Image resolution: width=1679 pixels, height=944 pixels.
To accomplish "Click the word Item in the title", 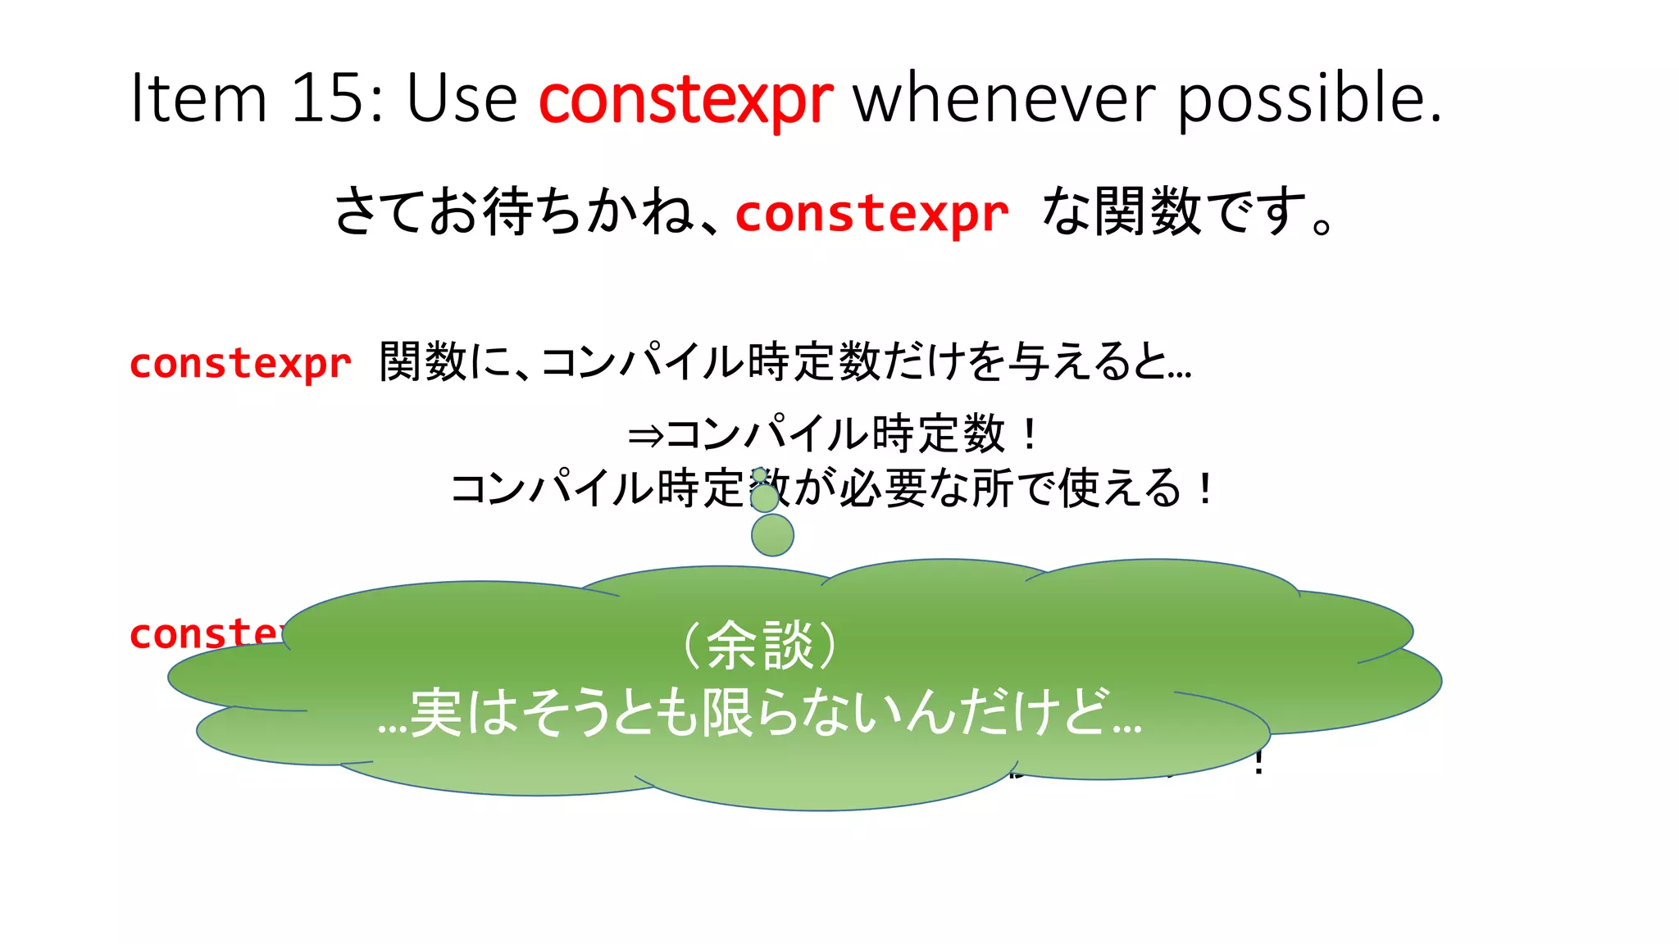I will [x=198, y=98].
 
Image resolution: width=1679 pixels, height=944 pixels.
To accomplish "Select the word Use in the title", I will [x=462, y=98].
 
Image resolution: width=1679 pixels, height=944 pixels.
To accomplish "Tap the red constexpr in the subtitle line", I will [x=871, y=215].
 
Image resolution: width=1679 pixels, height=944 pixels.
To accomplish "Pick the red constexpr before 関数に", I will [x=240, y=363].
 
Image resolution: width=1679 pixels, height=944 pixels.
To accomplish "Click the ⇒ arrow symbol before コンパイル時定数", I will [x=644, y=435].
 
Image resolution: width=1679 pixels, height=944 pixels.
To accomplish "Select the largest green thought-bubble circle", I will [x=772, y=535].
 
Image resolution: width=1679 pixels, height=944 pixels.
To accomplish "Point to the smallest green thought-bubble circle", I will [x=760, y=474].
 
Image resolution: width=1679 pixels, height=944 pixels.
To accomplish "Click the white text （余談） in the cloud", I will [x=760, y=645].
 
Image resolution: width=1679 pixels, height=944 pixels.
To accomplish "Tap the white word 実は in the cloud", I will [x=462, y=713].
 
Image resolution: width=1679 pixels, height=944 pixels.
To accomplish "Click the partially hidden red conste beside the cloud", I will [x=205, y=633].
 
